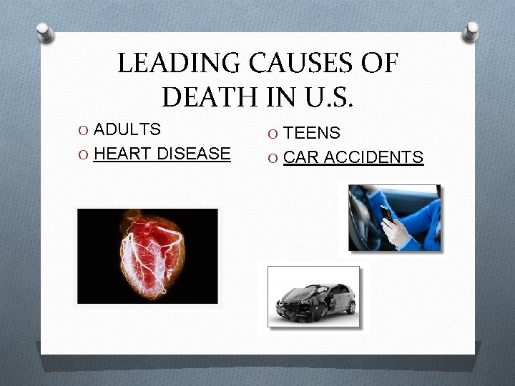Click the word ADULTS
(x=127, y=130)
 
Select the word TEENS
(x=312, y=133)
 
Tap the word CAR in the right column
(x=301, y=157)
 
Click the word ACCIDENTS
(x=374, y=157)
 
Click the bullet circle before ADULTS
(x=85, y=131)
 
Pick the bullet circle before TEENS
(x=275, y=134)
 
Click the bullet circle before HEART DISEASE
(x=85, y=154)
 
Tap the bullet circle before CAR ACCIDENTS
(x=275, y=158)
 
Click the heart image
(x=147, y=255)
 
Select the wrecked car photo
(x=314, y=297)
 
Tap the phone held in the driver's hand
(x=386, y=213)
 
